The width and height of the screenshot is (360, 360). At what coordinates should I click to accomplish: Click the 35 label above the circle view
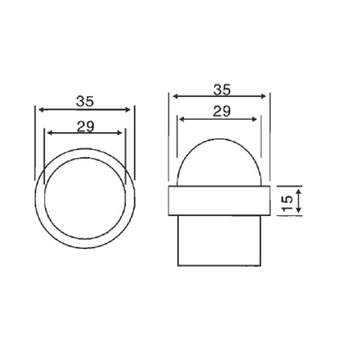(85, 102)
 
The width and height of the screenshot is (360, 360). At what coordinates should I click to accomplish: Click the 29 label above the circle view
(85, 127)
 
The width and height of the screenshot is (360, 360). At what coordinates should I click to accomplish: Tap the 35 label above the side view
(221, 90)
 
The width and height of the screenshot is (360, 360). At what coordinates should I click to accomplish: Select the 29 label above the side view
(221, 112)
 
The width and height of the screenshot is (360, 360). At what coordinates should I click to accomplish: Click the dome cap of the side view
(219, 162)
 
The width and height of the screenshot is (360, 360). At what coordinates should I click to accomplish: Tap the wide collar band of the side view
(219, 200)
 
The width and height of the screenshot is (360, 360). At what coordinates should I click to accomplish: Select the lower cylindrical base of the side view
(219, 240)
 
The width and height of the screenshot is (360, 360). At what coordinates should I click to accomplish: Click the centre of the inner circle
(85, 198)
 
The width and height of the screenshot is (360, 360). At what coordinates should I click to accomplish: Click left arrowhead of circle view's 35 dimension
(40, 109)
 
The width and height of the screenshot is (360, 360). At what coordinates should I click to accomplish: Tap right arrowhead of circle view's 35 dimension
(129, 109)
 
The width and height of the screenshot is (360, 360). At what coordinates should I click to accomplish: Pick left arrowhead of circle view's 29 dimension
(49, 133)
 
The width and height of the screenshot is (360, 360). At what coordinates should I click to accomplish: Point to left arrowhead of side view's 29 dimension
(180, 119)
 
